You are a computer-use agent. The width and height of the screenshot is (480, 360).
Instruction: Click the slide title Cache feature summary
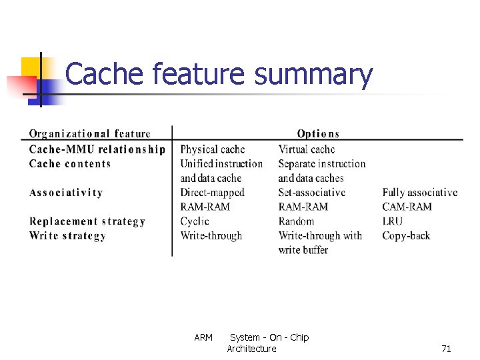point(219,75)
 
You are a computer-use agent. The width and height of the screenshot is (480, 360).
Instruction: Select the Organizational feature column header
point(90,134)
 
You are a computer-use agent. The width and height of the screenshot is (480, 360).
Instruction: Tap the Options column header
point(318,134)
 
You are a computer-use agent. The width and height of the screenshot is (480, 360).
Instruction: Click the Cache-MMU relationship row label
point(97,149)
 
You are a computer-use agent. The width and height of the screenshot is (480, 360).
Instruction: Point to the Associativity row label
point(66,193)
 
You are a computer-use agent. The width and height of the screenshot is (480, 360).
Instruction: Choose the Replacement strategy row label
point(87,221)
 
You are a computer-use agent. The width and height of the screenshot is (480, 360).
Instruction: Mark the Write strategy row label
point(67,235)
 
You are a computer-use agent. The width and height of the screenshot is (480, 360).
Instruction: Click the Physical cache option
point(213,149)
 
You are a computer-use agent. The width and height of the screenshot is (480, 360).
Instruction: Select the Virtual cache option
point(307,149)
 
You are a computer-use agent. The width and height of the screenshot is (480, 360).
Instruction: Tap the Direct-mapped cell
point(213,193)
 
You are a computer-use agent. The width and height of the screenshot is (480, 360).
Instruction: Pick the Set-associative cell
point(312,193)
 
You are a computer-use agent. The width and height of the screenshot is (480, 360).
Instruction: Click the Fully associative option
point(420,193)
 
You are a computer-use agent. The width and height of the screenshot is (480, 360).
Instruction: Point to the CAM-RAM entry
point(407,207)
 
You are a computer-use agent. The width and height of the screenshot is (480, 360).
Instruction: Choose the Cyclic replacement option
point(195,221)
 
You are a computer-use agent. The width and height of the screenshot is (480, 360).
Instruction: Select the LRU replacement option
point(393,221)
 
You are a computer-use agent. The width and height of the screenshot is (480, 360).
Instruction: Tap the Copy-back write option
point(406,235)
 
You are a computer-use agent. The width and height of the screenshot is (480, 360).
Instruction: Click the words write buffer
point(303,250)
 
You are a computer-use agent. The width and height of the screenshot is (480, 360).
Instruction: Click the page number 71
point(446,349)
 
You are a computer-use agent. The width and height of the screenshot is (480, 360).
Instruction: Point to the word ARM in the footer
point(203,337)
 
